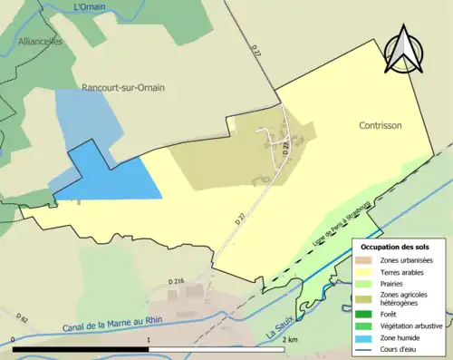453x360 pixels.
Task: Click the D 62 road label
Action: (x=22, y=317)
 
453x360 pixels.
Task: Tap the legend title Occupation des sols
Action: (x=396, y=247)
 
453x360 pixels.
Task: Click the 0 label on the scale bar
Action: (x=14, y=339)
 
